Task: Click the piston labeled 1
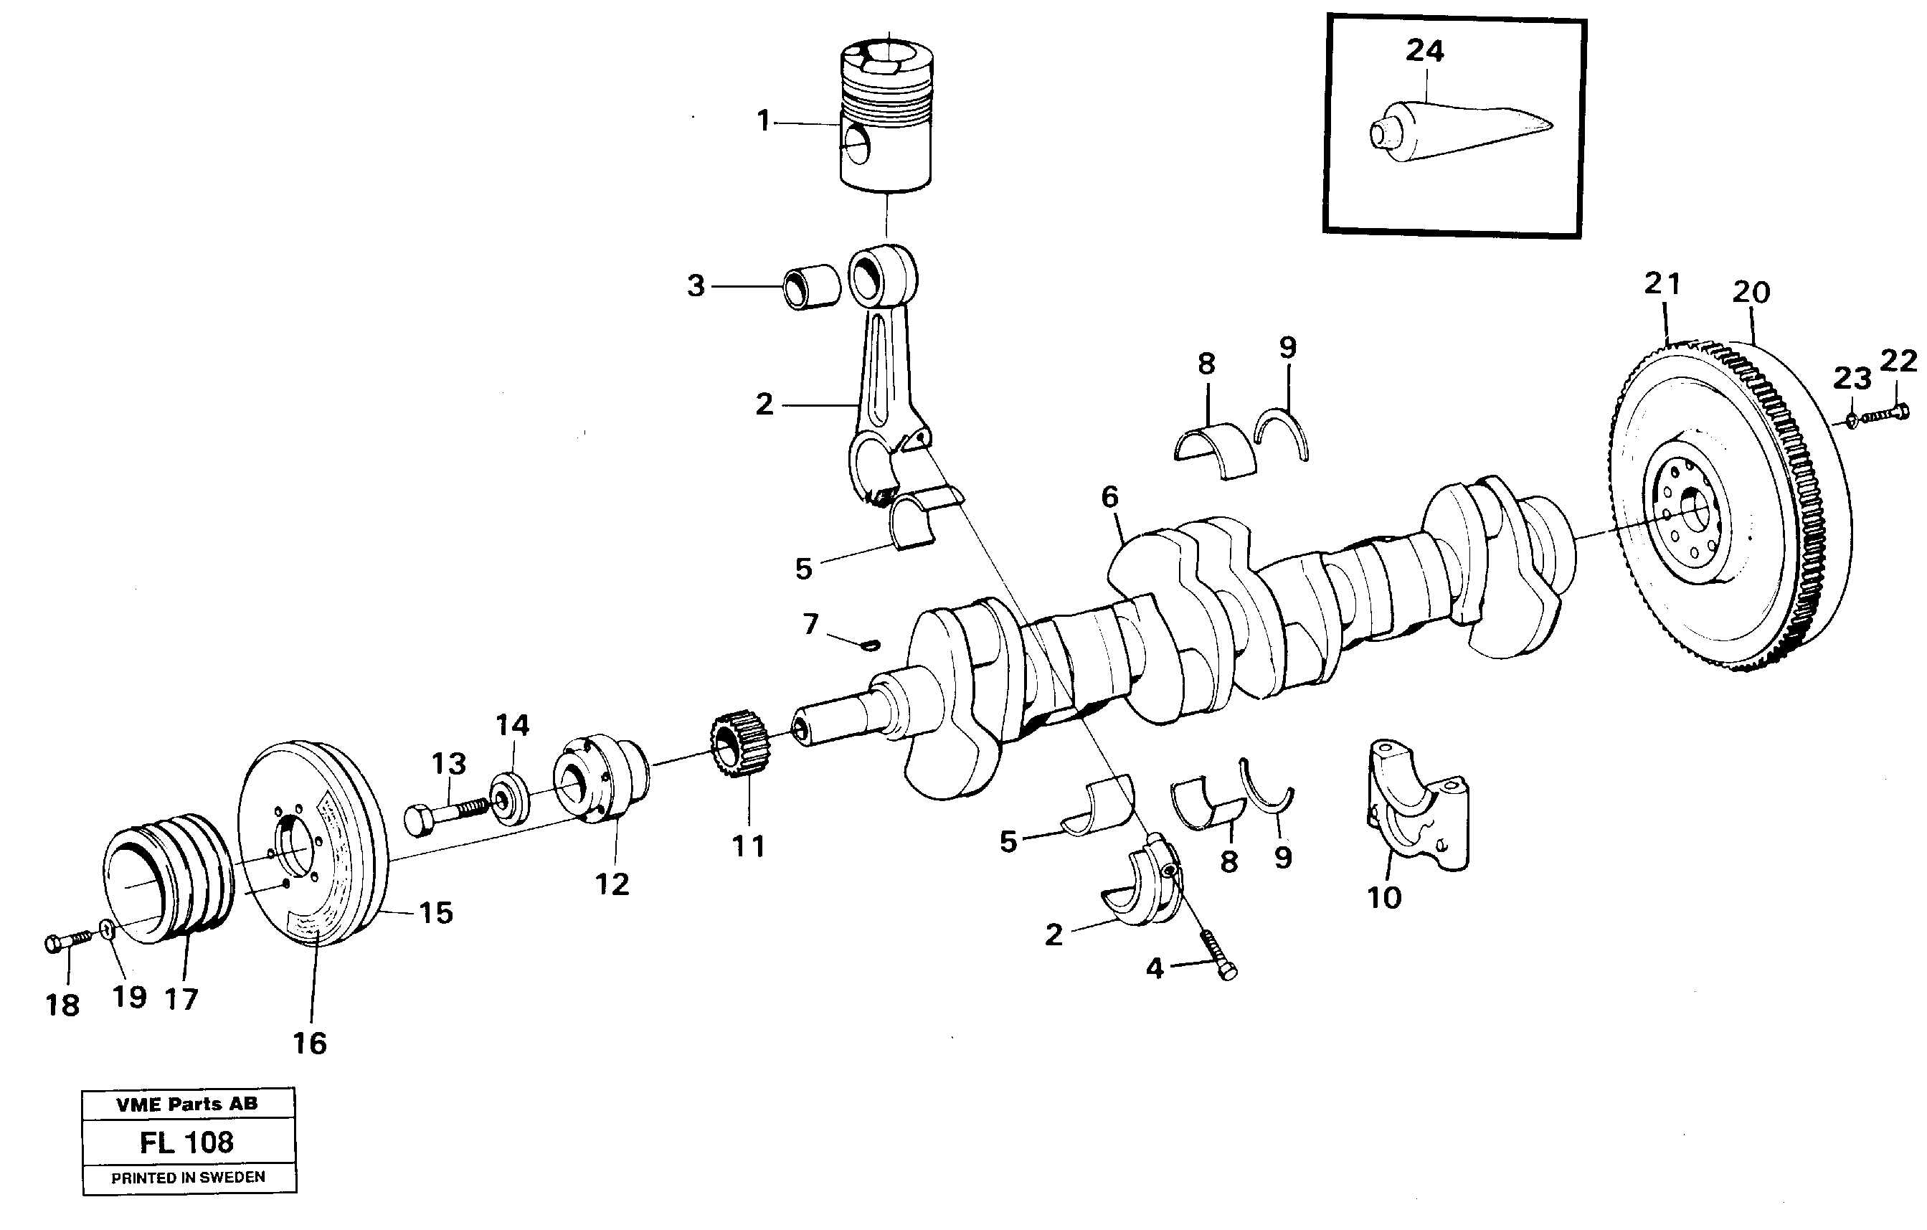click(x=886, y=120)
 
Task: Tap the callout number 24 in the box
click(x=1424, y=51)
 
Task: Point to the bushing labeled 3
click(x=810, y=288)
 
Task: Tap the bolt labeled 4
click(x=1218, y=955)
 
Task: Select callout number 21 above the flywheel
click(x=1662, y=283)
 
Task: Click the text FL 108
click(x=187, y=1142)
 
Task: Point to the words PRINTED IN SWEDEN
click(x=188, y=1177)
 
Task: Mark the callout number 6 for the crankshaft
click(x=1109, y=497)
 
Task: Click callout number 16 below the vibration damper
click(x=310, y=1044)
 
